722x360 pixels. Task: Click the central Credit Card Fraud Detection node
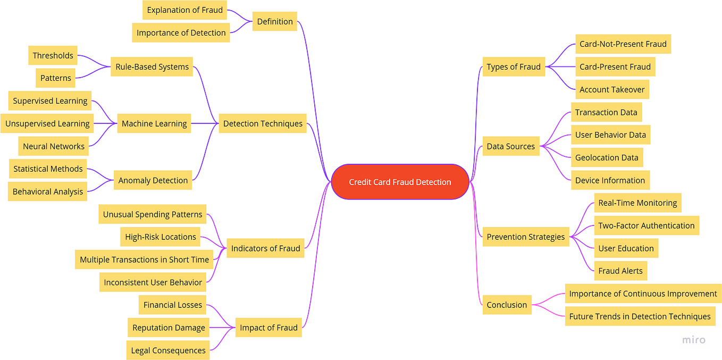[400, 182]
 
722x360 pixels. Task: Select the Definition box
[274, 22]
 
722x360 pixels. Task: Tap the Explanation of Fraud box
[184, 10]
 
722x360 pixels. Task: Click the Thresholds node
[53, 55]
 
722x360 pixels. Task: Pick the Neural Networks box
[54, 146]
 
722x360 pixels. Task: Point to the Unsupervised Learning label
[47, 123]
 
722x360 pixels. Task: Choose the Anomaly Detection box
[153, 180]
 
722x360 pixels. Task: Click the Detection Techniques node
[263, 123]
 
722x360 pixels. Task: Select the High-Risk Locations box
[161, 237]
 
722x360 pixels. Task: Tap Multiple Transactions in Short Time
[144, 259]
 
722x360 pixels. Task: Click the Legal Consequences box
[168, 350]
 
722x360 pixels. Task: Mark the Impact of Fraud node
[268, 328]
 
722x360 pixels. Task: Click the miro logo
[693, 340]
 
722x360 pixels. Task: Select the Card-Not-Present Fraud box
[623, 44]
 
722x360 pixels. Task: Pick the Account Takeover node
[612, 89]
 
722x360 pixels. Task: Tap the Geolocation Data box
[607, 157]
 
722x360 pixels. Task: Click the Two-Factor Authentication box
[646, 225]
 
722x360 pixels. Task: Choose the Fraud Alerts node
[620, 271]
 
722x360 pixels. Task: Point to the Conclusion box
[507, 305]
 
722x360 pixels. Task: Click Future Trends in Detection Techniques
[640, 316]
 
